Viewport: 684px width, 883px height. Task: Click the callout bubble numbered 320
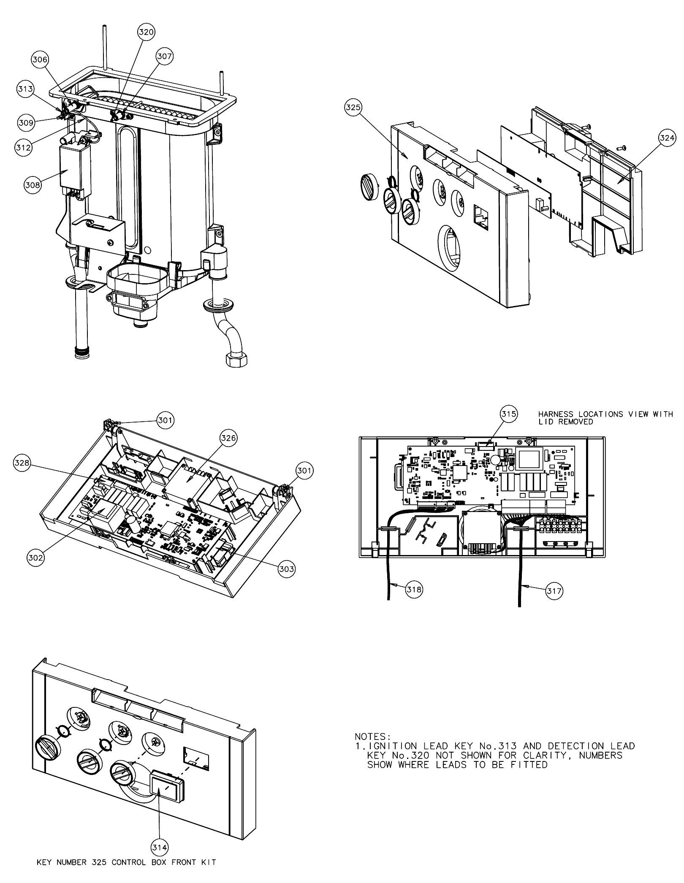[147, 32]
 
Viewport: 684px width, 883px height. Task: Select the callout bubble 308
[33, 185]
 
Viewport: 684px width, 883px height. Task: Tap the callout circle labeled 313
[25, 89]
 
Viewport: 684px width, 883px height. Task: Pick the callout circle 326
[228, 438]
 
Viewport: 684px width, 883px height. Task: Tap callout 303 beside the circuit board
[286, 569]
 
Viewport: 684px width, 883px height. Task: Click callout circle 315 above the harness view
[509, 414]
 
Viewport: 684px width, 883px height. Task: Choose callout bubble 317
[554, 591]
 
